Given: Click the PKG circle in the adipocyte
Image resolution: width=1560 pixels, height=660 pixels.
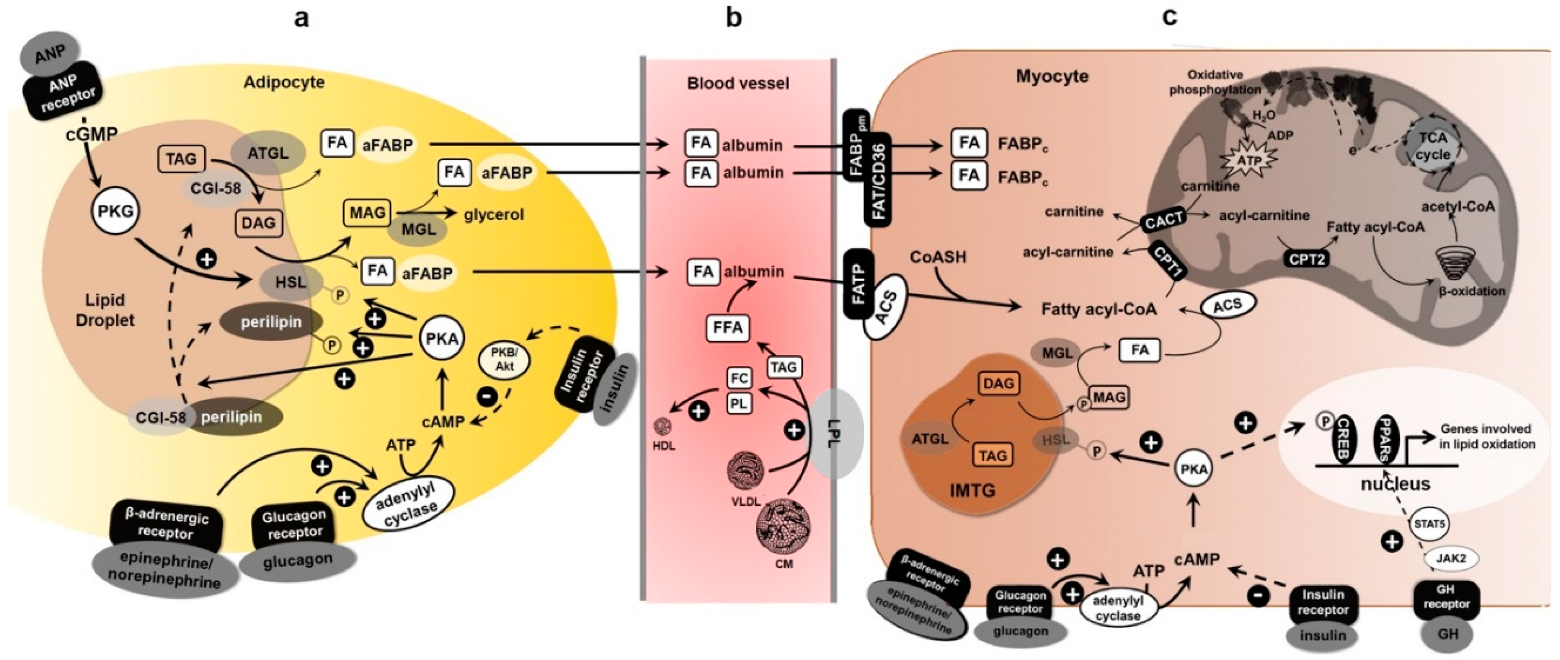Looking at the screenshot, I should click(116, 211).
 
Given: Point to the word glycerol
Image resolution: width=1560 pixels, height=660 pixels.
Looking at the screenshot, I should click(494, 214).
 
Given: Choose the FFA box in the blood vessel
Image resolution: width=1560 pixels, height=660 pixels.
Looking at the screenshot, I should click(727, 327).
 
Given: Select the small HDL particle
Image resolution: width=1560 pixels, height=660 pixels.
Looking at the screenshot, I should click(663, 427).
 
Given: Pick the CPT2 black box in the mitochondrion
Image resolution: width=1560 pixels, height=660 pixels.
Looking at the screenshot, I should click(1307, 260).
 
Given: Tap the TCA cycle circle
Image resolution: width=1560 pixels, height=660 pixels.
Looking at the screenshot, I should click(1433, 146).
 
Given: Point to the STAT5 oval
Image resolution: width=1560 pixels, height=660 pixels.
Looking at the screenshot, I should click(1429, 523).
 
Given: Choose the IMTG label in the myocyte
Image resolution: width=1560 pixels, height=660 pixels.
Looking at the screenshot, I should click(973, 490).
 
